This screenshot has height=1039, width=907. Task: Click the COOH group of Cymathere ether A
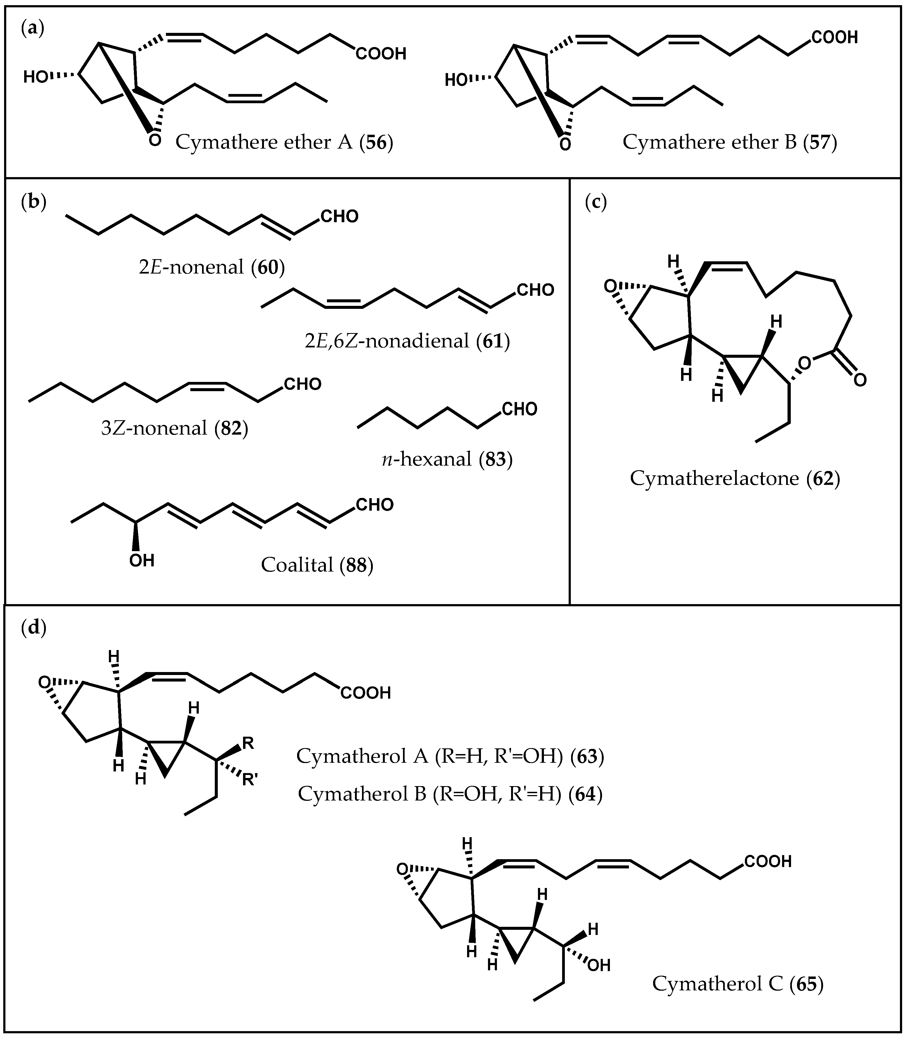tap(381, 54)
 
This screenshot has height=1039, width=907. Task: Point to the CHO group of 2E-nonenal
tap(339, 217)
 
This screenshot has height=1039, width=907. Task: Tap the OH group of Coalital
tap(142, 560)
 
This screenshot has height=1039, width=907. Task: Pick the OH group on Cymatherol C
tap(599, 966)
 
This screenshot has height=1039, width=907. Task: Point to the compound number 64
tap(585, 794)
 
